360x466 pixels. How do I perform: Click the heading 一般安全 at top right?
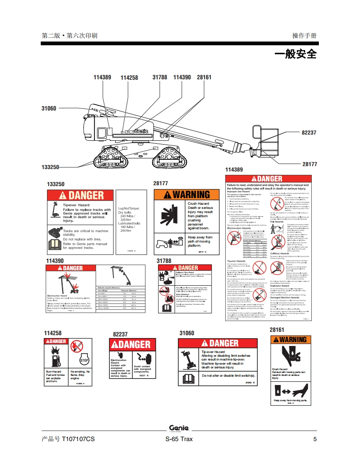coord(296,54)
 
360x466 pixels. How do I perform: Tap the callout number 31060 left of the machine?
coord(49,108)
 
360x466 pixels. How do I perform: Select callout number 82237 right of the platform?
coord(309,133)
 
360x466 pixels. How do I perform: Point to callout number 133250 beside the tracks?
coord(50,167)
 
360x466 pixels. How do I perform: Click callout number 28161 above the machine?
coord(204,77)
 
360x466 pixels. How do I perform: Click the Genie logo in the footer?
coord(179,428)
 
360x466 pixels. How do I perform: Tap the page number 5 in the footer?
coord(315,439)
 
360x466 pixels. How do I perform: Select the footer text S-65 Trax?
coord(179,439)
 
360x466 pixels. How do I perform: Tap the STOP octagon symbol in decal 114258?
coord(84,360)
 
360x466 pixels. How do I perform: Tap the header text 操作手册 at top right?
coord(304,36)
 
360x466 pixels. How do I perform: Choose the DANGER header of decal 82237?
coord(133,344)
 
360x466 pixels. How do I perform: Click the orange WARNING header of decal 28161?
coord(290,340)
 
